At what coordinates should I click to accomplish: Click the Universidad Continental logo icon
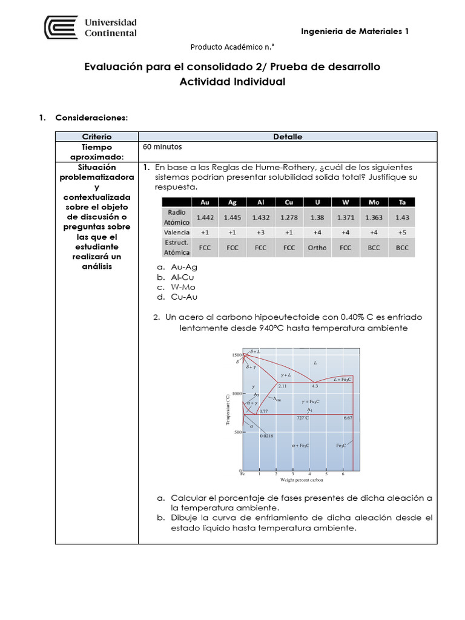(x=61, y=28)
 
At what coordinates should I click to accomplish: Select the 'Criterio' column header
(x=97, y=137)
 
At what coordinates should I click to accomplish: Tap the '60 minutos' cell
(x=162, y=147)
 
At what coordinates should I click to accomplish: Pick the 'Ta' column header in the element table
(x=402, y=202)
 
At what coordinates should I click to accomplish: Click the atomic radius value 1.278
(x=289, y=217)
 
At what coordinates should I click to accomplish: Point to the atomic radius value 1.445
(x=232, y=217)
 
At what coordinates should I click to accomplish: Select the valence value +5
(x=402, y=232)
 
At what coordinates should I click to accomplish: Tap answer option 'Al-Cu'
(x=184, y=277)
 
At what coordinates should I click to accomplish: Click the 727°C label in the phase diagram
(x=303, y=418)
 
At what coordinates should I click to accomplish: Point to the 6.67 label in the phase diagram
(x=348, y=418)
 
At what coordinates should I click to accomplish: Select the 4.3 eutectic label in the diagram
(x=315, y=386)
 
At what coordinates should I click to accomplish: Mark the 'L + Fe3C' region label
(x=342, y=379)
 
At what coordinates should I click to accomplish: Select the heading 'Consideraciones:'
(x=91, y=117)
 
